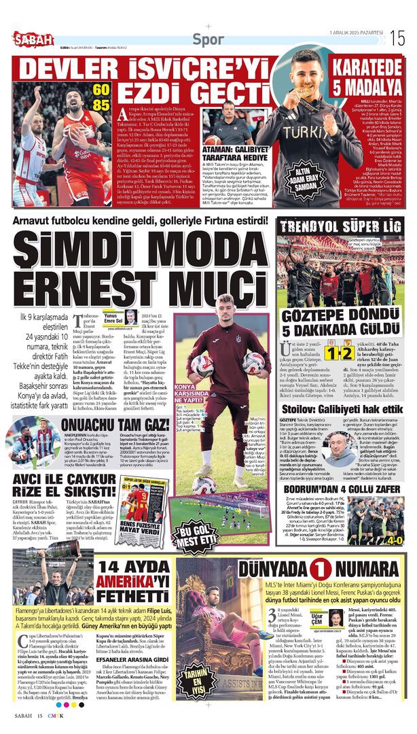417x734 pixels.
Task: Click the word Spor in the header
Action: (208, 39)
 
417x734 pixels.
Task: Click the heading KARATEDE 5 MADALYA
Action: (367, 76)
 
